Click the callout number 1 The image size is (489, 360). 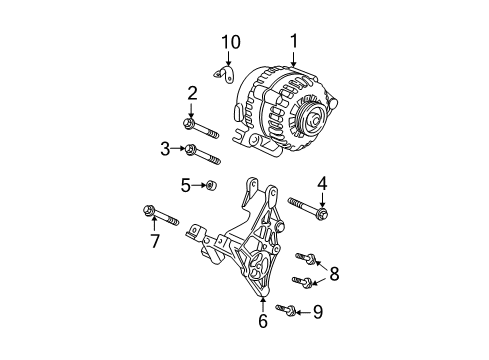295,41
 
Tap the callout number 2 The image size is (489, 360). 190,93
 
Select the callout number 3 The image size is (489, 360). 165,149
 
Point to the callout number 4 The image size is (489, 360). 322,183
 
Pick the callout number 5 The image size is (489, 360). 185,185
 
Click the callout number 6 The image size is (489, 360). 263,322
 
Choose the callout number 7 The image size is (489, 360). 154,242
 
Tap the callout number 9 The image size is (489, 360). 318,312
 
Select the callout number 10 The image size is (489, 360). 231,42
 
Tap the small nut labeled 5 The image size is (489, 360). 211,186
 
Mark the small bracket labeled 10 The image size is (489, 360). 227,76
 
